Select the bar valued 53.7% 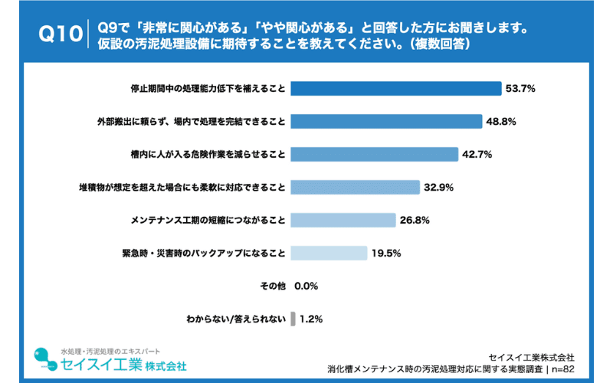[395, 89]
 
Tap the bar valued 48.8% [386, 121]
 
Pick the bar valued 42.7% [374, 154]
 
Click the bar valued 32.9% [355, 187]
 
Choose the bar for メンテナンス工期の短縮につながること [343, 220]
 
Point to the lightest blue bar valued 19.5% [329, 253]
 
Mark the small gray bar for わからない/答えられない [293, 318]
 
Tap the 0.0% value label [306, 286]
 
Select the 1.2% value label [311, 318]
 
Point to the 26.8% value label [414, 220]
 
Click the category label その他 [273, 286]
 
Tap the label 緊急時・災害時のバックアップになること [208, 253]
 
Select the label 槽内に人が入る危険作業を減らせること [208, 154]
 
